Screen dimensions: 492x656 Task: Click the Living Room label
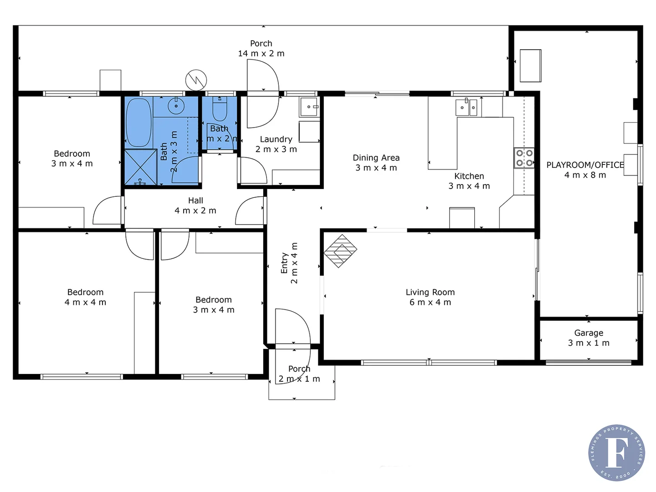tap(430, 297)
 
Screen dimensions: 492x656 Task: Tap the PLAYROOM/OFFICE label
tap(585, 169)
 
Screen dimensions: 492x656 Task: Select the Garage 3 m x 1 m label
tap(589, 338)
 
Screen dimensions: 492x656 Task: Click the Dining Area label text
tap(376, 163)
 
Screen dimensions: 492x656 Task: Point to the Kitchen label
tap(469, 181)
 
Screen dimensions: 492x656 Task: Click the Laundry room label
tap(276, 144)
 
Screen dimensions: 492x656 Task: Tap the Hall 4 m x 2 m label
tap(195, 205)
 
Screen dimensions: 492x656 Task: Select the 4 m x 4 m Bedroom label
tap(85, 297)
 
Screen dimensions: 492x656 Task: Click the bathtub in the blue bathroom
tap(138, 122)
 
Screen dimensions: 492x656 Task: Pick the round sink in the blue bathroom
tap(175, 106)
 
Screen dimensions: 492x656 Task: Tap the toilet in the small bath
tap(220, 108)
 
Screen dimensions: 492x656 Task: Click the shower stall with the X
tap(140, 167)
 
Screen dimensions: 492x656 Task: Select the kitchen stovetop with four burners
tap(524, 158)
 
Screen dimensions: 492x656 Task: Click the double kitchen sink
tap(466, 108)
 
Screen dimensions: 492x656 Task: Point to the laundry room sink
tap(310, 107)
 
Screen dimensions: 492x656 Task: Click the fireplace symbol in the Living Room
tap(340, 251)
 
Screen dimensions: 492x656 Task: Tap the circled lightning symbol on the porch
tap(196, 80)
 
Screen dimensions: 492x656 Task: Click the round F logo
tap(616, 452)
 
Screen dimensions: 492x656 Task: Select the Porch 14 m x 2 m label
tap(261, 48)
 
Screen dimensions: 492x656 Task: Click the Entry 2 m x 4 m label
tap(289, 263)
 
